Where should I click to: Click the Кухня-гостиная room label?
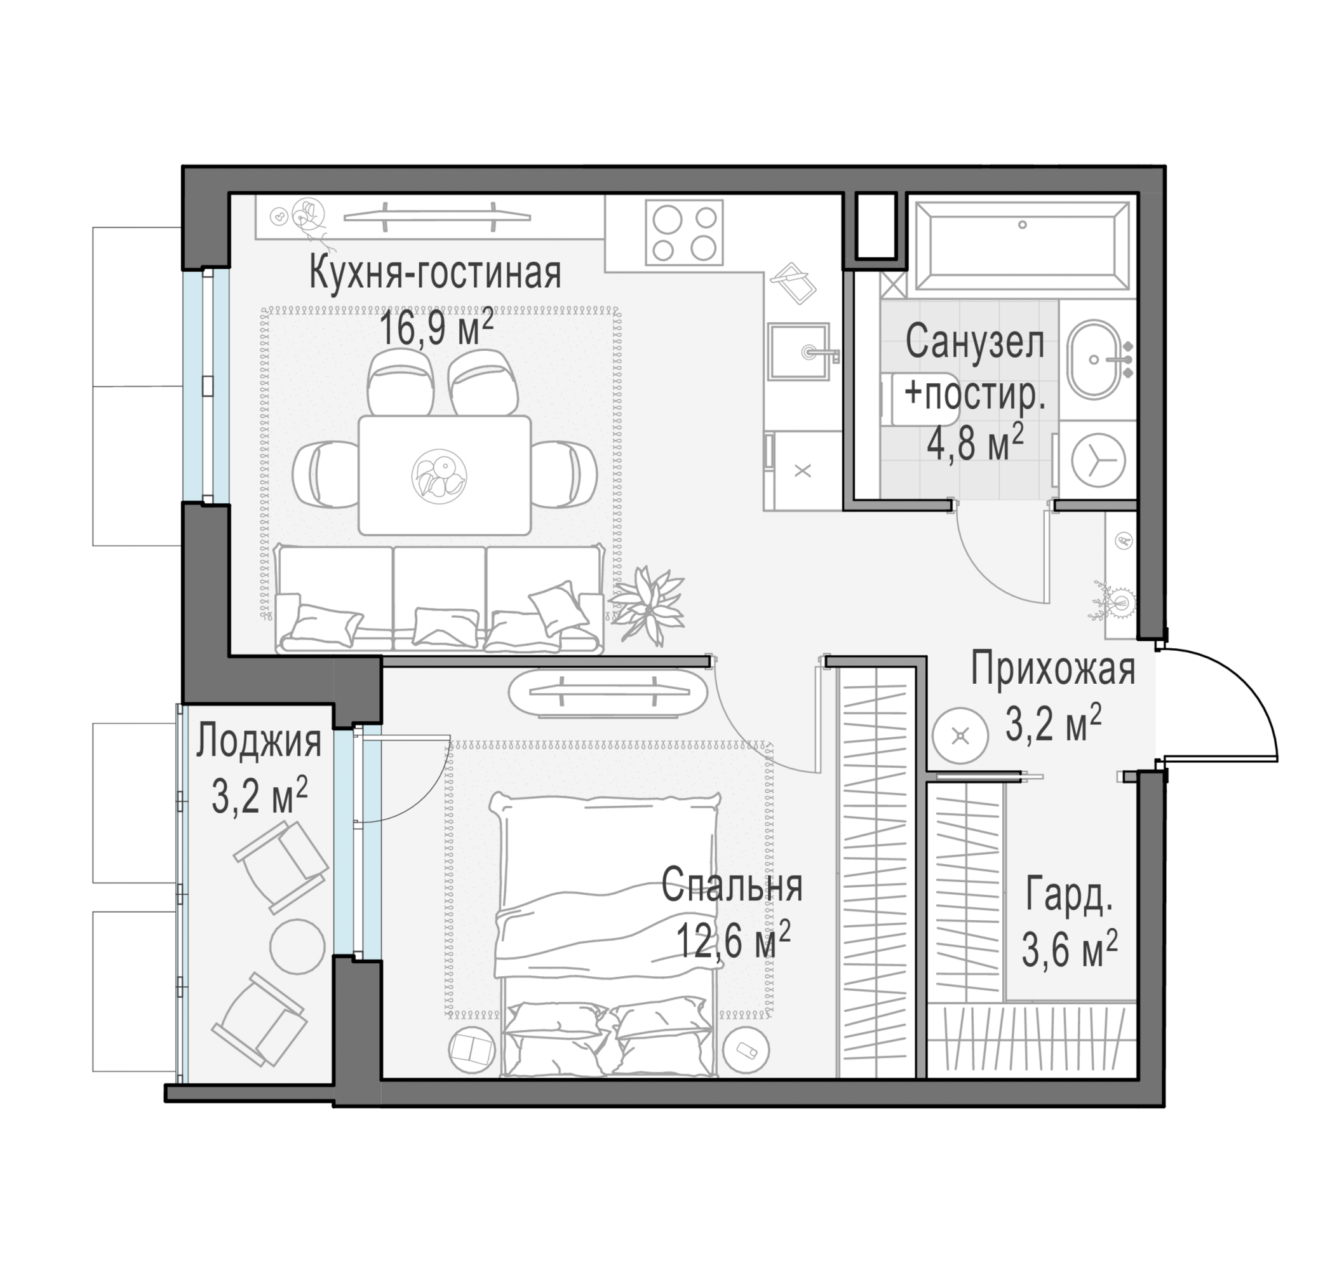[434, 274]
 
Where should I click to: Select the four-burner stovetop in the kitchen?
[684, 232]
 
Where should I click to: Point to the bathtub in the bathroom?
[1022, 247]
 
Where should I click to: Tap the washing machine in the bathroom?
[1098, 459]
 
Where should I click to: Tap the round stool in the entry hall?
[960, 736]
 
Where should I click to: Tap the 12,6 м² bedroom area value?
[733, 941]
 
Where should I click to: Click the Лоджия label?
[259, 741]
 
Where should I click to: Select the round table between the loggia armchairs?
[297, 946]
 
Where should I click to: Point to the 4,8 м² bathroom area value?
[974, 442]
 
